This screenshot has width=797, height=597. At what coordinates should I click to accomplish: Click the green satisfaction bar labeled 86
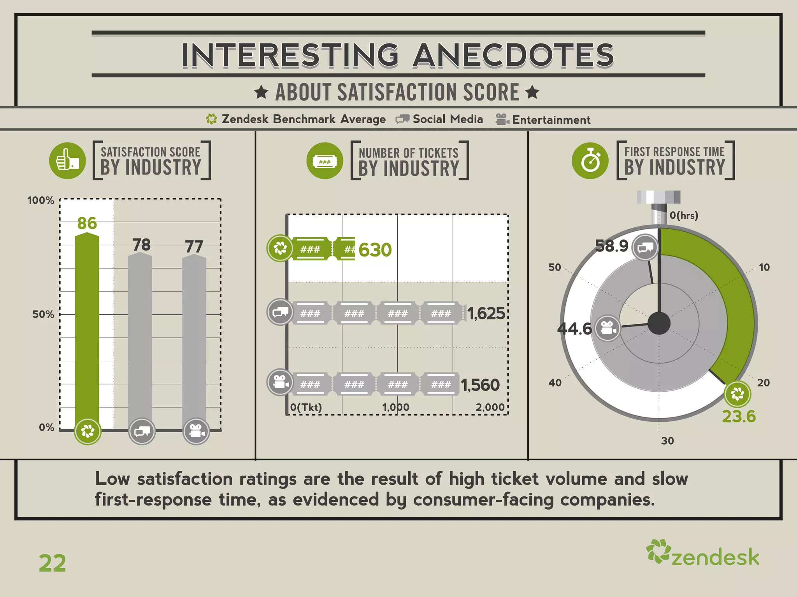(x=87, y=326)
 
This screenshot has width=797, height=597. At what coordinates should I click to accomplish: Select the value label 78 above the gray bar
(x=141, y=245)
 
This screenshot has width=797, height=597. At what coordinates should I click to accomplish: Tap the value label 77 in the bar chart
(x=194, y=246)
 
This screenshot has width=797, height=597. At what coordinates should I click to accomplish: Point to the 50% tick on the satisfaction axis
(x=43, y=314)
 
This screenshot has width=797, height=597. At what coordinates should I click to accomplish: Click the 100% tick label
(x=40, y=201)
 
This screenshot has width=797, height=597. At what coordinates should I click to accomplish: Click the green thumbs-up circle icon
(x=67, y=161)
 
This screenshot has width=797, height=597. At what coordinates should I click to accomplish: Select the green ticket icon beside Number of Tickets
(x=325, y=161)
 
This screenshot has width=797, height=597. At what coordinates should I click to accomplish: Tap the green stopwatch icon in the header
(x=590, y=161)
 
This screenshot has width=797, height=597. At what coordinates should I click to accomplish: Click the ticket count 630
(x=375, y=250)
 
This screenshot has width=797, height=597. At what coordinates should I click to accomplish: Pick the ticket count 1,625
(x=486, y=313)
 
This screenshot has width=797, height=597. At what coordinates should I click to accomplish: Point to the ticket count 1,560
(x=480, y=385)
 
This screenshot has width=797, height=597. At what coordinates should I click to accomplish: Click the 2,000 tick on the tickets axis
(x=490, y=407)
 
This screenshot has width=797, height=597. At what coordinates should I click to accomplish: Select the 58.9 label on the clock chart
(x=612, y=246)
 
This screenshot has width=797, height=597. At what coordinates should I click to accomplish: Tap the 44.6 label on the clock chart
(x=574, y=329)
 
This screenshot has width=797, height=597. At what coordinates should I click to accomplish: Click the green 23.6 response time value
(x=739, y=416)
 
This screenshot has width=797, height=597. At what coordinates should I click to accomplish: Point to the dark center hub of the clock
(x=659, y=323)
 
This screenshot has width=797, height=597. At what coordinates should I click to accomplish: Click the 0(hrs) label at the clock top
(x=684, y=215)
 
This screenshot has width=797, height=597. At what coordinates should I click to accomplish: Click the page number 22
(x=53, y=563)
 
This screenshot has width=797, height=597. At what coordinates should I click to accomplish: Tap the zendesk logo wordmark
(x=715, y=557)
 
